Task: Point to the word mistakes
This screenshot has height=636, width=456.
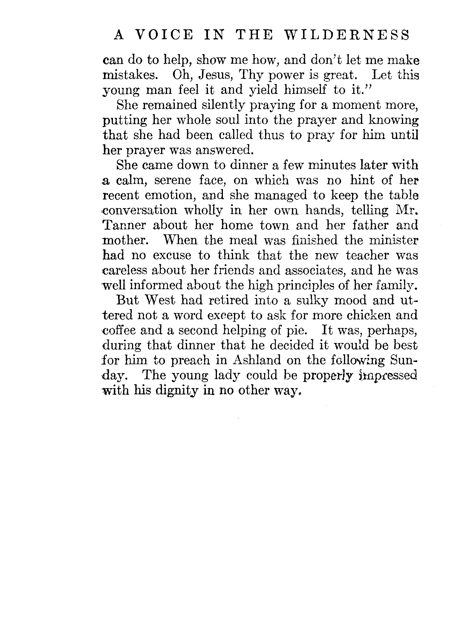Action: point(129,75)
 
